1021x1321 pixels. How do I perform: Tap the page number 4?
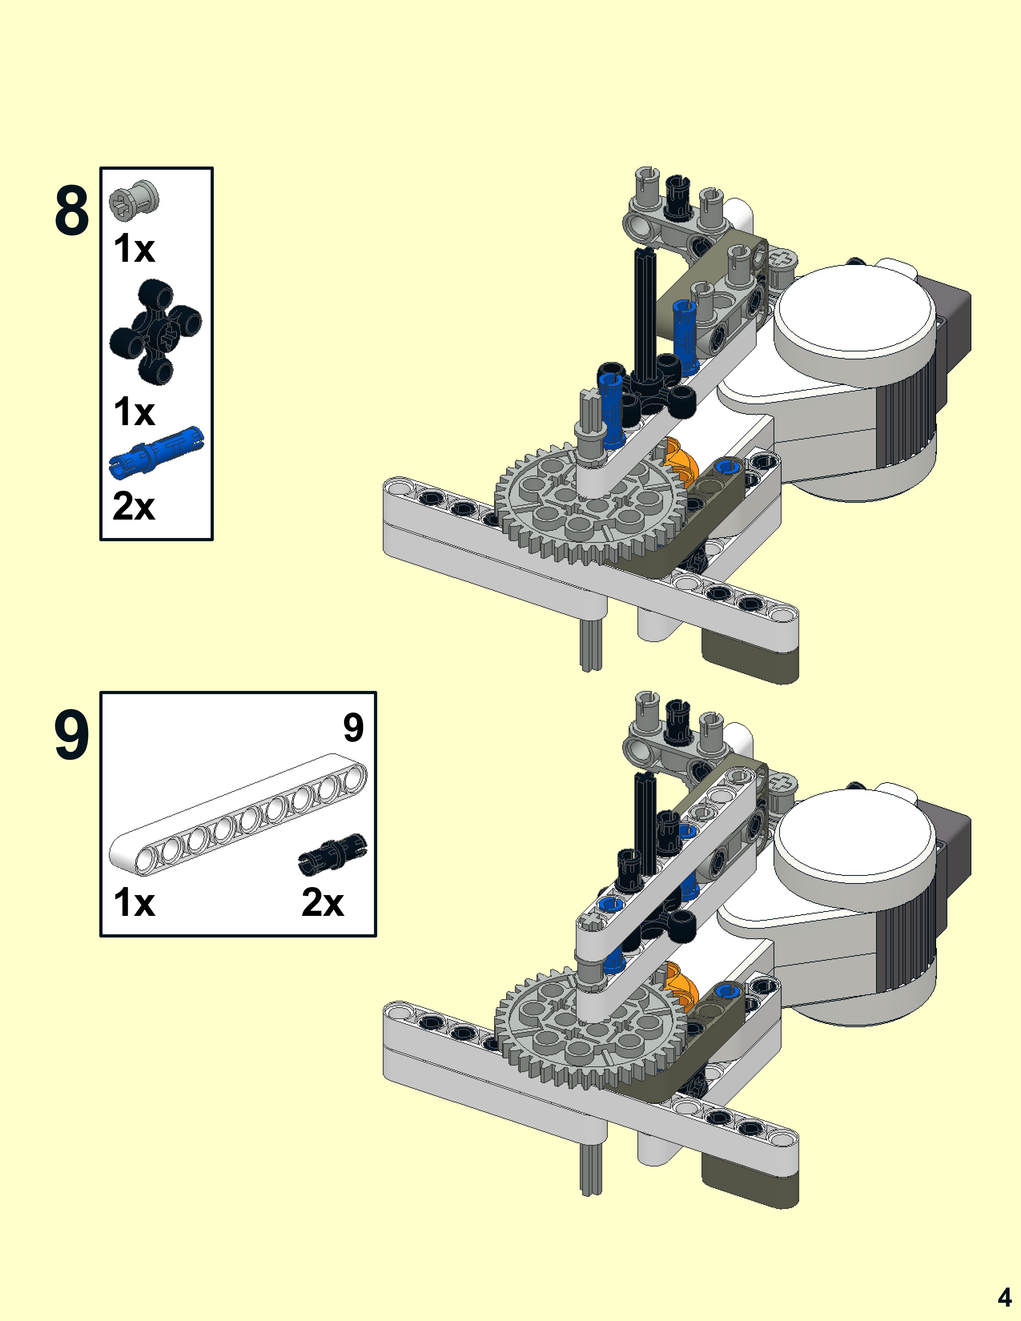[1004, 1297]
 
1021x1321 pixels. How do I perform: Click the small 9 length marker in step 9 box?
[353, 728]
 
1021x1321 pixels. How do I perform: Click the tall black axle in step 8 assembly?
[645, 315]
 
